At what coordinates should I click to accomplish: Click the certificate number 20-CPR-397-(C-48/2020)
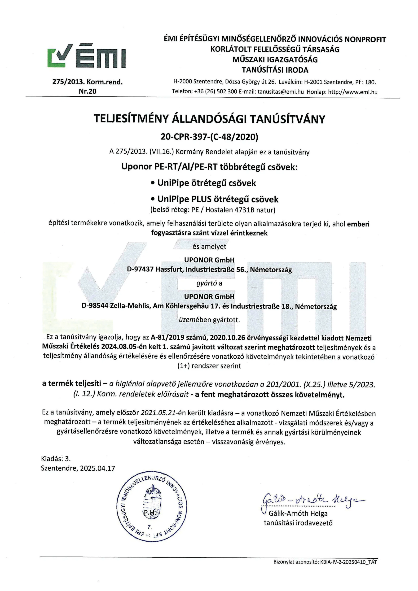pos(209,137)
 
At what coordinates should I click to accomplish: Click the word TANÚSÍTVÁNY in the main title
pos(288,119)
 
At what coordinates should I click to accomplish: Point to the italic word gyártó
pos(206,283)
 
